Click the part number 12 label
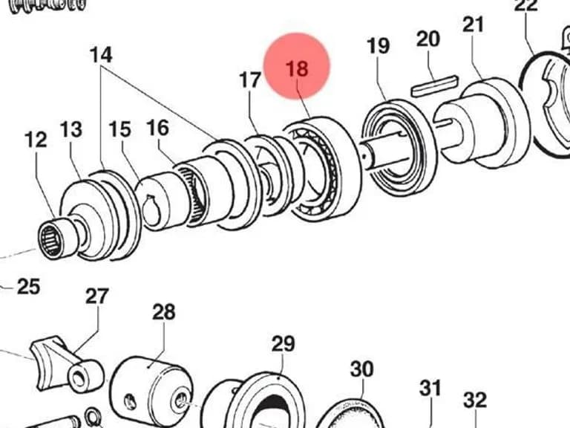pyautogui.click(x=36, y=140)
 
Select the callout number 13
pyautogui.click(x=71, y=129)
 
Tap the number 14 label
pyautogui.click(x=101, y=54)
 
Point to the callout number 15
pyautogui.click(x=120, y=129)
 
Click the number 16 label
pyautogui.click(x=158, y=128)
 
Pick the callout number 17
pyautogui.click(x=250, y=80)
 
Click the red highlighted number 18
pyautogui.click(x=297, y=68)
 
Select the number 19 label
pyautogui.click(x=378, y=46)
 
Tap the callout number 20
pyautogui.click(x=428, y=39)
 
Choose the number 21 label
pyautogui.click(x=474, y=25)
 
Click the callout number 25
pyautogui.click(x=29, y=286)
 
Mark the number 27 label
pyautogui.click(x=97, y=296)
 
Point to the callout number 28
pyautogui.click(x=164, y=312)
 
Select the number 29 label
pyautogui.click(x=284, y=343)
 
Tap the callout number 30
pyautogui.click(x=362, y=369)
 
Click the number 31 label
pyautogui.click(x=430, y=388)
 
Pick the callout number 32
pyautogui.click(x=475, y=400)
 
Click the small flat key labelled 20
pyautogui.click(x=434, y=85)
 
